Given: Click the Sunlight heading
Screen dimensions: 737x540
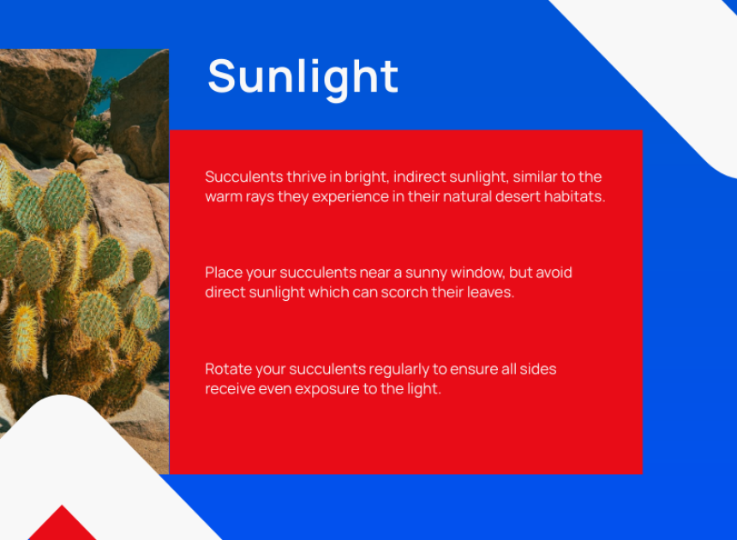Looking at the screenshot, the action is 303,78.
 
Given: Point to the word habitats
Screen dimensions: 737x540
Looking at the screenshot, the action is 574,196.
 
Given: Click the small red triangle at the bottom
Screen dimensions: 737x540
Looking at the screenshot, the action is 62,524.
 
